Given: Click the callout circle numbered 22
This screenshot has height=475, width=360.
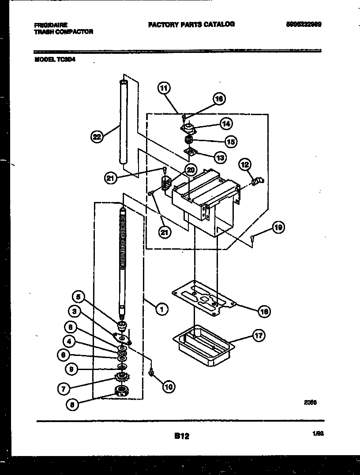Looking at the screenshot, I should (x=97, y=137).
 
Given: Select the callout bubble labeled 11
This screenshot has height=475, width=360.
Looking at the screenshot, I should (x=164, y=88).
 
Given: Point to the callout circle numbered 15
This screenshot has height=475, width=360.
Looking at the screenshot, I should (x=230, y=142).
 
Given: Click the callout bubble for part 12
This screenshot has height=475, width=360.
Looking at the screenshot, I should (x=245, y=165).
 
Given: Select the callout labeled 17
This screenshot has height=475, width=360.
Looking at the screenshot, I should (x=259, y=336).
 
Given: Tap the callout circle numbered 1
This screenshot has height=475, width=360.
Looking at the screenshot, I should (x=162, y=310).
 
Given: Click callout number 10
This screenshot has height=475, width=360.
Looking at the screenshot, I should (x=169, y=387).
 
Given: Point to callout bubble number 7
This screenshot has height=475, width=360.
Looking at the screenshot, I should (x=64, y=389).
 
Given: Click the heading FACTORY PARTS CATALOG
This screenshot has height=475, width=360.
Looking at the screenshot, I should (x=191, y=24).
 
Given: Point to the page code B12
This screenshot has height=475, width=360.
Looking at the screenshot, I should (x=181, y=436).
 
